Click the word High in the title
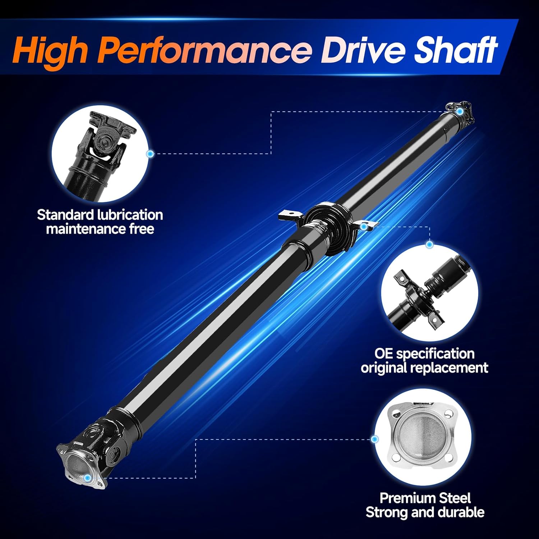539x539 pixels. (50, 50)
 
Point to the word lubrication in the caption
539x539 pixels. (130, 215)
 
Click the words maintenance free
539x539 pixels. (100, 229)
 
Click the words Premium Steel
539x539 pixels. (425, 498)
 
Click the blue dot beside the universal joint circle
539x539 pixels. (151, 154)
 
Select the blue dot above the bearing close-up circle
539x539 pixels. (429, 245)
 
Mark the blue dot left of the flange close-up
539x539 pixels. (375, 439)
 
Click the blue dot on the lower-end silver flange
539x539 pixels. (87, 478)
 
